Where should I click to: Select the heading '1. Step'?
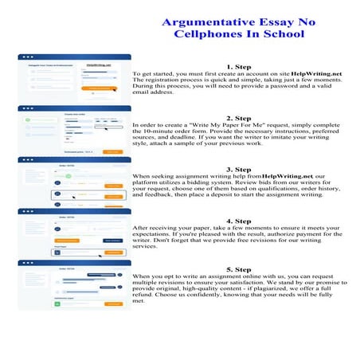coord(239,66)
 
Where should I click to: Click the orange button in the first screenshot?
coord(100,88)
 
